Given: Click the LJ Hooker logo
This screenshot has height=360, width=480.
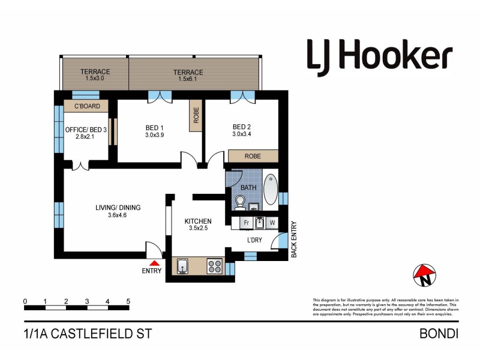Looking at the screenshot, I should point(379,55).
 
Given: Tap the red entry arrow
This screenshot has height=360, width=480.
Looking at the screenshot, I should point(155,262).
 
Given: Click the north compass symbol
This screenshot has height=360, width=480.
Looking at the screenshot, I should point(424,275).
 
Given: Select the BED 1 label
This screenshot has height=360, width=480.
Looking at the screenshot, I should point(154,127).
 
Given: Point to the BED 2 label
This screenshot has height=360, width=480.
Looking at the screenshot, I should point(241,127).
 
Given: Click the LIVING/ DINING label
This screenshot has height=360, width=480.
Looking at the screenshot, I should point(118,208).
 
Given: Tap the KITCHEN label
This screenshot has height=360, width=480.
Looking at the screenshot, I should point(197,221).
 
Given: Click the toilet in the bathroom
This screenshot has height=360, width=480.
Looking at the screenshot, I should point(240,203).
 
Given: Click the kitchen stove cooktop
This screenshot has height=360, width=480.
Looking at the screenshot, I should point(215,266).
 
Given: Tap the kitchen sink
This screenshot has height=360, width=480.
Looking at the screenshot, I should point(183,266).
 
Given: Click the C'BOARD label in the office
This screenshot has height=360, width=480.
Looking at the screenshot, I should point(86,107).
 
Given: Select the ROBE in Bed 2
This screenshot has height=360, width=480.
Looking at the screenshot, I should point(253,156).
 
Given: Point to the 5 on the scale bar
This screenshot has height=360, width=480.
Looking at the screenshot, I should point(128,301).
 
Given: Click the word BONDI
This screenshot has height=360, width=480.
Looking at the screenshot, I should point(440,334).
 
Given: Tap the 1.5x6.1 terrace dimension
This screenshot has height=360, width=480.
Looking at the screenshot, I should point(190,79).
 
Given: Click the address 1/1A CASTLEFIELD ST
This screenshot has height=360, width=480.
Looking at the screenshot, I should point(88,334).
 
